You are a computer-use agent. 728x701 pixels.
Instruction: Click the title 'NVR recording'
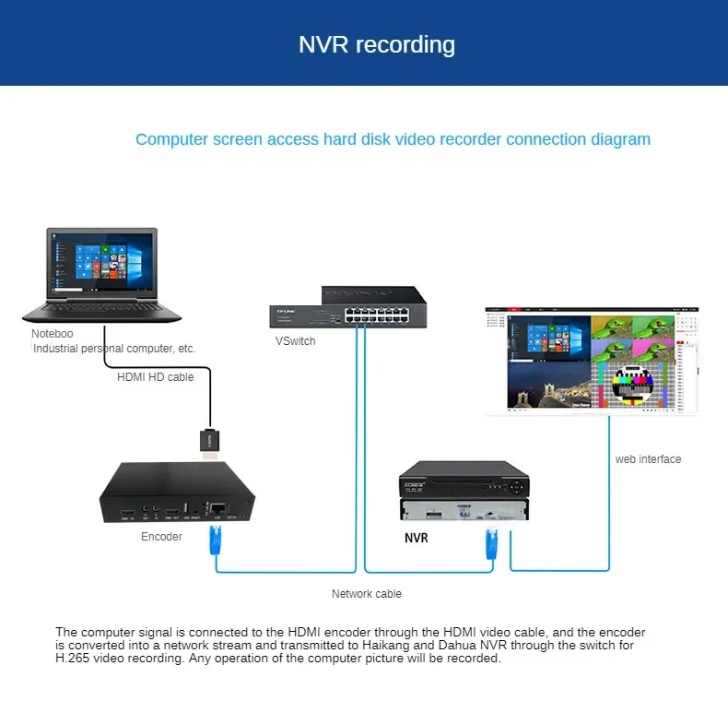[x=376, y=44]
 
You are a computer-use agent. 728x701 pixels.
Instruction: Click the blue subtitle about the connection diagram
[x=393, y=139]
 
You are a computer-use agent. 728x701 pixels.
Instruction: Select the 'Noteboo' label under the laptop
[x=53, y=334]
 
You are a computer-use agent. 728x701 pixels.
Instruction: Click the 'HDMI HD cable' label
[x=155, y=376]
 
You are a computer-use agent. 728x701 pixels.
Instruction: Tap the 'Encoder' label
[x=161, y=537]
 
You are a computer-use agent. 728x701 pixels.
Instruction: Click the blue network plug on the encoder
[x=217, y=541]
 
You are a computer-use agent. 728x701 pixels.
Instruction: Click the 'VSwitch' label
[x=295, y=341]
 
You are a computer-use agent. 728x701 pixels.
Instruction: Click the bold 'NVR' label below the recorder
[x=416, y=538]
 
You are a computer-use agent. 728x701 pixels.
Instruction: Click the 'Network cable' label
[x=367, y=594]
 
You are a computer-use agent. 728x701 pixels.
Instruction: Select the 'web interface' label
[x=648, y=459]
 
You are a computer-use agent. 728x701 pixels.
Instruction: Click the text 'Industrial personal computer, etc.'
[x=114, y=349]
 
